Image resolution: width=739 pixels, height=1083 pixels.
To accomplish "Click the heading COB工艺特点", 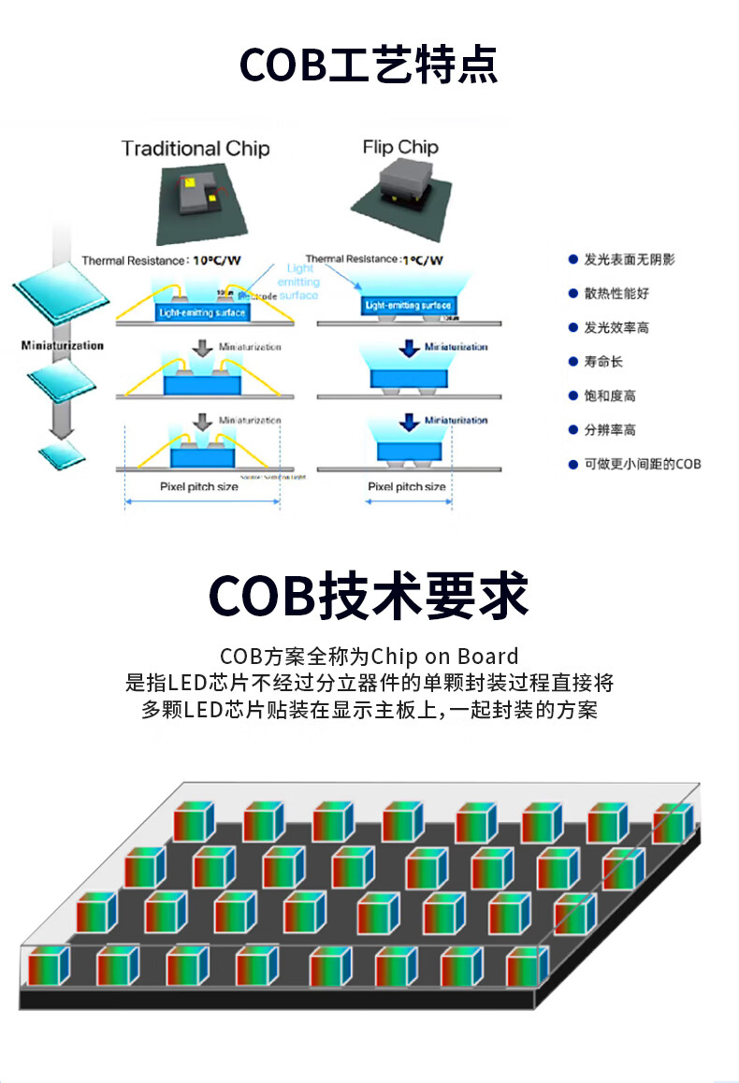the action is [x=369, y=65].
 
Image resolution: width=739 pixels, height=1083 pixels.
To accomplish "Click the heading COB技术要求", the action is [x=369, y=595].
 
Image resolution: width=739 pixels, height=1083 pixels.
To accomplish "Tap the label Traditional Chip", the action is [x=195, y=149].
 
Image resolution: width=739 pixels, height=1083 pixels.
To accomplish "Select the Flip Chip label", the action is [x=400, y=147].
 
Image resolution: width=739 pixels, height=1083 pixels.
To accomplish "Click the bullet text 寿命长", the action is [x=603, y=362].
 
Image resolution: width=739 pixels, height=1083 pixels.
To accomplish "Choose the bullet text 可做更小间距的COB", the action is [x=642, y=464].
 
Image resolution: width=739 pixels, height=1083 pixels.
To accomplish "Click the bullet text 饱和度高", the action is [x=610, y=396].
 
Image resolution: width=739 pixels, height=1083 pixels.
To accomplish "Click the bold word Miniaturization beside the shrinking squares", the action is [x=62, y=346].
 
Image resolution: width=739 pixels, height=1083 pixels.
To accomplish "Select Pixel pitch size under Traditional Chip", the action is [x=198, y=487].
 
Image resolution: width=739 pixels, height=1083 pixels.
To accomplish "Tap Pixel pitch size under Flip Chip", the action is [x=406, y=487].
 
